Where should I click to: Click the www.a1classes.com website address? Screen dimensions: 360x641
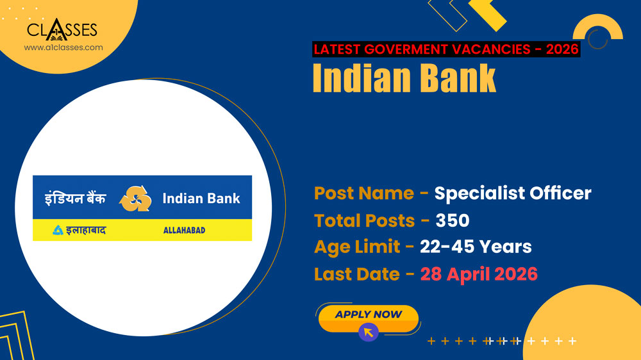(63, 47)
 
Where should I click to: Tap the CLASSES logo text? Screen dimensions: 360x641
(62, 30)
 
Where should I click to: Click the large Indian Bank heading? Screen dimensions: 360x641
(404, 78)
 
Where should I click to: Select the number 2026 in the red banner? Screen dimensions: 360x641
(563, 49)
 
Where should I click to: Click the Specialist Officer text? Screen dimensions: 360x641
(513, 193)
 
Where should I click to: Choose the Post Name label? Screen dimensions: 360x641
(363, 193)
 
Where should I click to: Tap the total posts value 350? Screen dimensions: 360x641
(453, 220)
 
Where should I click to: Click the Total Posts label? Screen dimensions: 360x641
(364, 220)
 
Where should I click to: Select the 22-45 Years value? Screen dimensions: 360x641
(476, 247)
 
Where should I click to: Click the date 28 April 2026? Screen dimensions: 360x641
(479, 274)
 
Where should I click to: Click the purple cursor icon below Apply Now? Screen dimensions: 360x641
(369, 332)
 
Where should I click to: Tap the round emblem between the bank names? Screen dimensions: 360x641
(135, 199)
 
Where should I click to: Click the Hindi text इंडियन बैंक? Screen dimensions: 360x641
(76, 199)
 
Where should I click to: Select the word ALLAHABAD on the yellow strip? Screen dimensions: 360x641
(184, 230)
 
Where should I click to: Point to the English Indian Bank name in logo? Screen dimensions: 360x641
(201, 199)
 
